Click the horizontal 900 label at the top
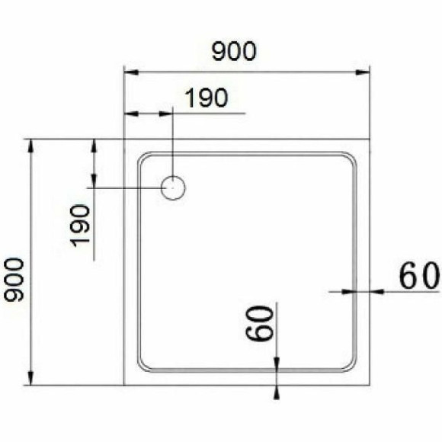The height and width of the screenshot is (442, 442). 234,52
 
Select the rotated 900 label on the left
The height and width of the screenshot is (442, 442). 14,280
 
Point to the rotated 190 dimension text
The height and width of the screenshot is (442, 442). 80,226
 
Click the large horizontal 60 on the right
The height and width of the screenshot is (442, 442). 418,276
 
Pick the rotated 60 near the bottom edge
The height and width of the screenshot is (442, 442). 259,323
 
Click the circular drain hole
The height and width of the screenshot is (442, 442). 174,187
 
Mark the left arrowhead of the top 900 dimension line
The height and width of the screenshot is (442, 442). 130,73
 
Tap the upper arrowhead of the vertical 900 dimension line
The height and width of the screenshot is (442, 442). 31,146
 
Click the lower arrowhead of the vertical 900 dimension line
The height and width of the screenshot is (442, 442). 31,379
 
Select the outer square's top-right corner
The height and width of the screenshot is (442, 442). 370,139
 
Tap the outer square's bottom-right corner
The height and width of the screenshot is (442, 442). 370,385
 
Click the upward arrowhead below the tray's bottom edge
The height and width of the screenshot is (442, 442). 277,391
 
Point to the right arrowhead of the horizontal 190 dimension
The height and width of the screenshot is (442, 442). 168,114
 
